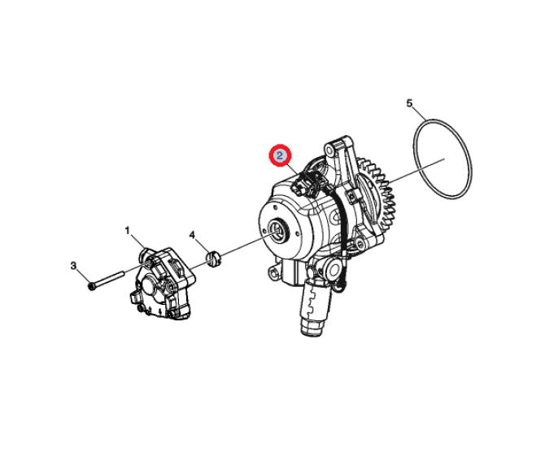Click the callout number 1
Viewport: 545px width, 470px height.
click(x=127, y=230)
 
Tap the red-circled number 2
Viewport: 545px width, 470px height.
click(x=280, y=155)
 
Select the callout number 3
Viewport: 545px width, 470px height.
click(x=73, y=266)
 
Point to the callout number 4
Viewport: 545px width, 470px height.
click(x=192, y=235)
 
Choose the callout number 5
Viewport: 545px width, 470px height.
click(x=409, y=103)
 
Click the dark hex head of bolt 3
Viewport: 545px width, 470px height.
click(x=92, y=287)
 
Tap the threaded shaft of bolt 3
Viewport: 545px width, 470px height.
click(x=109, y=279)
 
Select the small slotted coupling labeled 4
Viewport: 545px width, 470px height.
click(x=214, y=259)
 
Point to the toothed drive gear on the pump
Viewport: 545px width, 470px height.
click(x=380, y=194)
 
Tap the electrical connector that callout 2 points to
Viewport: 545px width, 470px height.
click(x=306, y=183)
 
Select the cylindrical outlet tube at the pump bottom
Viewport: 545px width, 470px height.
click(x=313, y=307)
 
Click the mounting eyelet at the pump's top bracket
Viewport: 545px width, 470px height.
click(x=329, y=150)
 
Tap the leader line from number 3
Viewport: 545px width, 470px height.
click(x=82, y=276)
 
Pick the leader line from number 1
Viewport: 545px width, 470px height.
click(x=138, y=243)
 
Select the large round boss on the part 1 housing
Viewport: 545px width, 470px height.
click(x=150, y=285)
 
